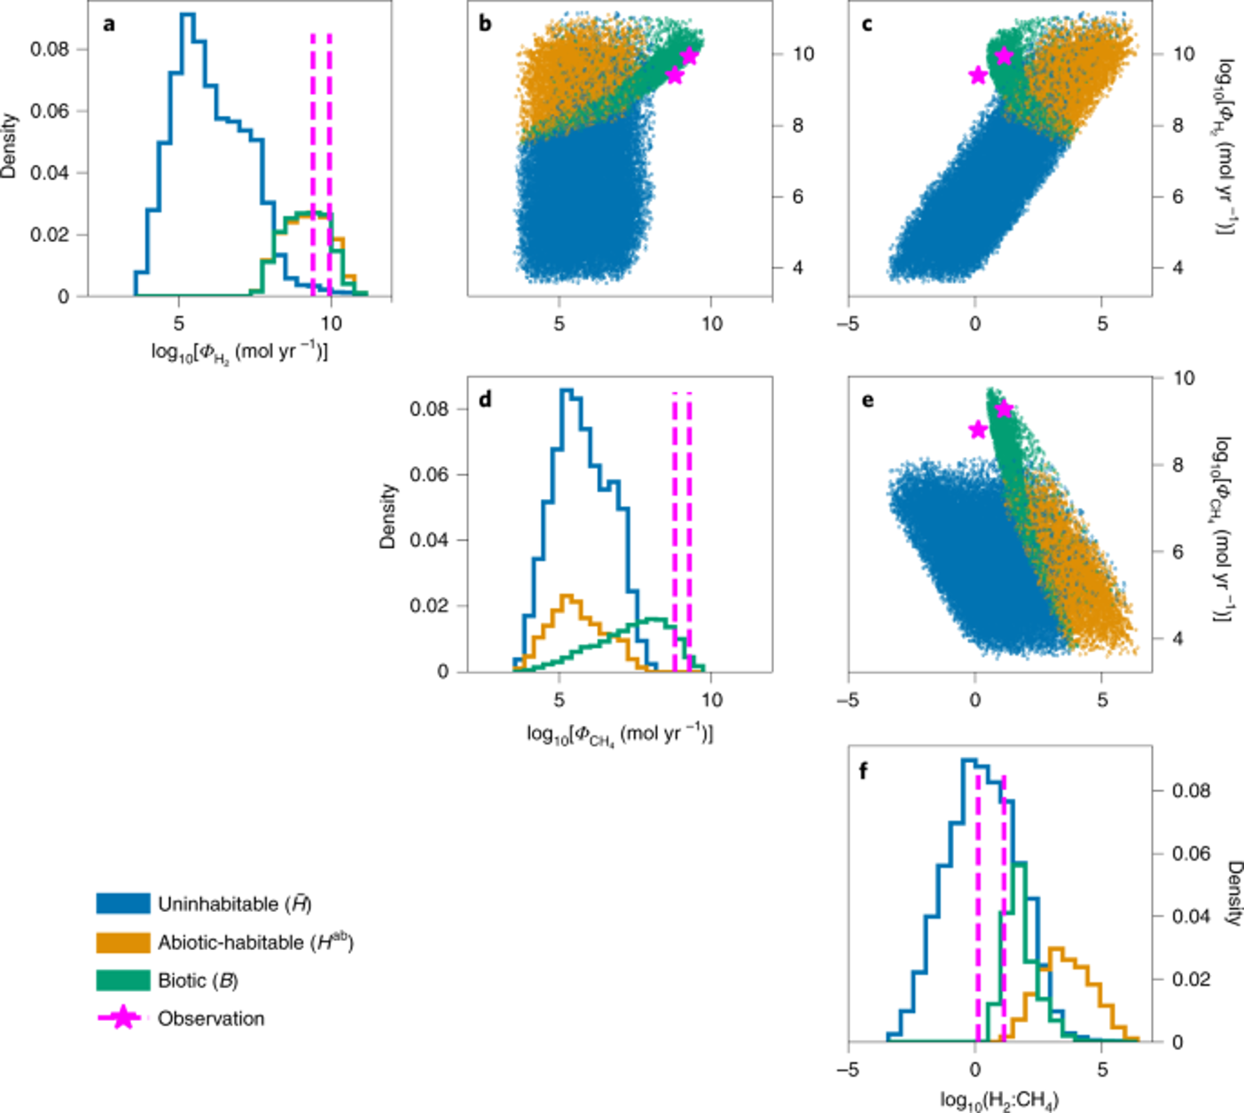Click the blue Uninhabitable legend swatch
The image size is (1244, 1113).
[x=123, y=903]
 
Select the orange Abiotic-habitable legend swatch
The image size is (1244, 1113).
[x=123, y=942]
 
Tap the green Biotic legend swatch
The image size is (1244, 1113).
[x=123, y=980]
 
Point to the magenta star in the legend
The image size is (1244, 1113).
[x=122, y=1018]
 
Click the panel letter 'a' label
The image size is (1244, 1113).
[x=108, y=24]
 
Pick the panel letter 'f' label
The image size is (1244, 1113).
[x=864, y=770]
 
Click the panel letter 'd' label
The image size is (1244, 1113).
[x=485, y=400]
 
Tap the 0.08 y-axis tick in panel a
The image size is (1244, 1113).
[x=50, y=49]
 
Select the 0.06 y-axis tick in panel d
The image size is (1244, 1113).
[x=429, y=475]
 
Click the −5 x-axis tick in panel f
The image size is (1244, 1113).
[x=849, y=1070]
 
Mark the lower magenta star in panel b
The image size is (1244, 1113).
[x=674, y=75]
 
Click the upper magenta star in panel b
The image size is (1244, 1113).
[x=689, y=57]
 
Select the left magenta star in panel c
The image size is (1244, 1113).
[x=978, y=75]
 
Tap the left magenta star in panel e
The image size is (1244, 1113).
[x=978, y=430]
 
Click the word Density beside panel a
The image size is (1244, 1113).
[x=10, y=145]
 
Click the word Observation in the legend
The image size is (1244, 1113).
[x=211, y=1018]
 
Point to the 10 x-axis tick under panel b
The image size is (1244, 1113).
[x=712, y=324]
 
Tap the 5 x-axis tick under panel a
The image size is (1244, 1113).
[x=178, y=323]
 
